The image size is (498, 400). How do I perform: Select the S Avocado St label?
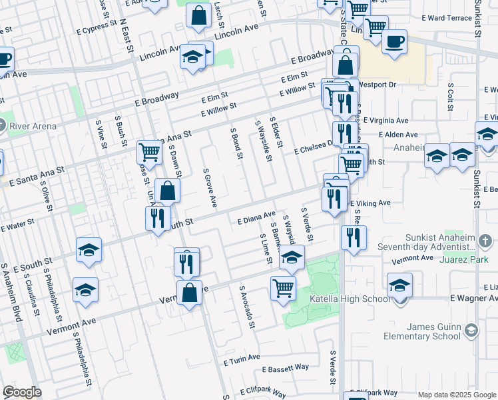click(247, 307)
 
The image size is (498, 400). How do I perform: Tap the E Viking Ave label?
click(369, 203)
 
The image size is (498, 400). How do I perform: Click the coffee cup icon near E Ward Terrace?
click(394, 42)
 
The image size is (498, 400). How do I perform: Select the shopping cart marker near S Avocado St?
click(283, 288)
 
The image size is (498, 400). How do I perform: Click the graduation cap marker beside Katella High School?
click(399, 285)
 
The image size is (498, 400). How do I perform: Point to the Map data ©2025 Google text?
click(457, 395)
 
